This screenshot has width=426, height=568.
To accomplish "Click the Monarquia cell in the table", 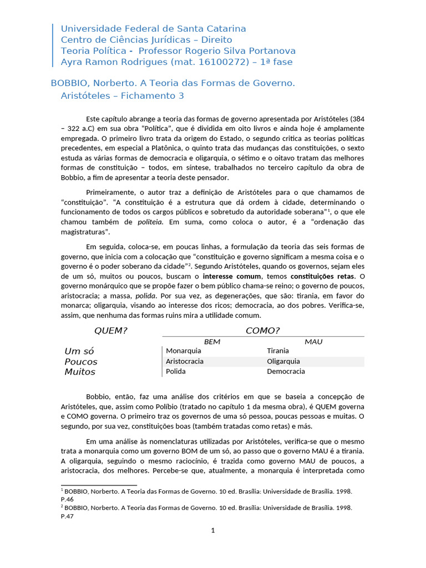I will pos(184,351).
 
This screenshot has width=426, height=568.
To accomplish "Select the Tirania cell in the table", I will pos(278,351).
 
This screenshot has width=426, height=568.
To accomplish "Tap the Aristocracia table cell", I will pos(185,361).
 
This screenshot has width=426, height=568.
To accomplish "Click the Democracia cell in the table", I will pos(286,372).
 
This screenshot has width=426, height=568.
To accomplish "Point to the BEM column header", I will pos(212,342).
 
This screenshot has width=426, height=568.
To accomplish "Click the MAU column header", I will pos(313,342).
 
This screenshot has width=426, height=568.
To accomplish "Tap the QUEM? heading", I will pos(111,331).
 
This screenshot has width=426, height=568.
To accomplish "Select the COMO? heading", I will pos(262,331).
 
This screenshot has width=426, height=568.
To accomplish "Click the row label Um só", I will pos(80,351).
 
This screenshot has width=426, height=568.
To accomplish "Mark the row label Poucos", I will pos(81,362).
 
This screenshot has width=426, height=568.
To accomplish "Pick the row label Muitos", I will pos(80,372).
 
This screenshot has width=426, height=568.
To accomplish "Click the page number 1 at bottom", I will pos(212,530).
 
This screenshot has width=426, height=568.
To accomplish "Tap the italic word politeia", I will pos(150,222).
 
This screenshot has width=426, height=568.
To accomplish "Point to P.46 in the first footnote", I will pos(67,499).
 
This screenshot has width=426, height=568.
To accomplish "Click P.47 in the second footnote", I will pos(67,516).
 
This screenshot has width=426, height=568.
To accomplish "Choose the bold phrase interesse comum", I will pos(232,276).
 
